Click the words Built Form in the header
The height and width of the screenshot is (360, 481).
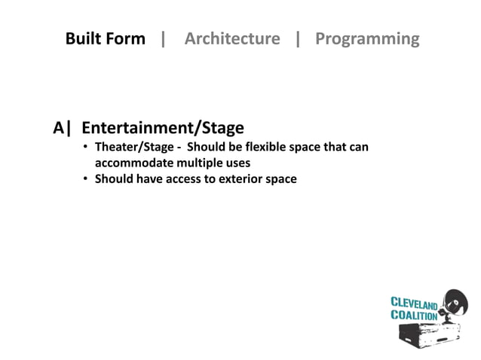105,38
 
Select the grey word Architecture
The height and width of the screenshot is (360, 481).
231,38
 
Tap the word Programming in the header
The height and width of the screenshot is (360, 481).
367,38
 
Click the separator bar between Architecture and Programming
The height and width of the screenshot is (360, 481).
298,38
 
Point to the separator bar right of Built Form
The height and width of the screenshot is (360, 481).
164,38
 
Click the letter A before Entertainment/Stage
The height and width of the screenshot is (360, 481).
59,128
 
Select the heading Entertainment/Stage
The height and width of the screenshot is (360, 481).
162,128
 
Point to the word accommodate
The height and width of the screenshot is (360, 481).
130,163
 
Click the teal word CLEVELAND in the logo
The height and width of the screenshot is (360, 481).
413,304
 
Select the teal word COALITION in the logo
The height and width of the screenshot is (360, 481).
413,316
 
